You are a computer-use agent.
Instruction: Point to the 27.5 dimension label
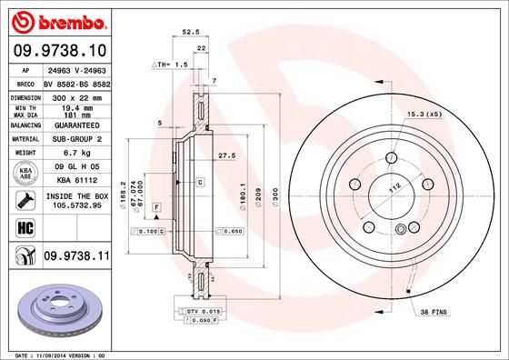226,155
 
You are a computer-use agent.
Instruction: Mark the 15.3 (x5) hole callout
424,114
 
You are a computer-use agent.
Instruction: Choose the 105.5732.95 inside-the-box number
73,205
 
